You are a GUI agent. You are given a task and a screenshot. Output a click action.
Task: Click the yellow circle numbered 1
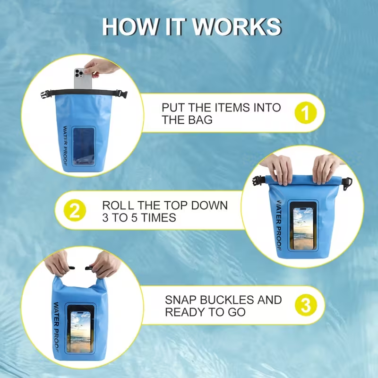306,113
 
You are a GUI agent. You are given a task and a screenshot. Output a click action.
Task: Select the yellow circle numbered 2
75,210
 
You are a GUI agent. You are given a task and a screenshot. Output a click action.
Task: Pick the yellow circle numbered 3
306,305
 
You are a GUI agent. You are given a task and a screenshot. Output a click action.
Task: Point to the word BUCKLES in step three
227,300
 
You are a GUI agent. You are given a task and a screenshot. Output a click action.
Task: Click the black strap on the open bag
84,93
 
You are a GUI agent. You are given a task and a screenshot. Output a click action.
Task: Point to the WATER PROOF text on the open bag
65,146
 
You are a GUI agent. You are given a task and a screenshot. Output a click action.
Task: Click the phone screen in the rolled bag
303,229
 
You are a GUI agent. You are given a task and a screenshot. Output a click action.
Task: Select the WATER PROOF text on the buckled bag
56,325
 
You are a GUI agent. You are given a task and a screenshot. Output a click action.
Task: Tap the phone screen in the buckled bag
80,332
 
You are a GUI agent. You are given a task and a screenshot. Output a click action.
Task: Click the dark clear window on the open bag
84,146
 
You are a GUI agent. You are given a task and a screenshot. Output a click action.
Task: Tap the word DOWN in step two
209,206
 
